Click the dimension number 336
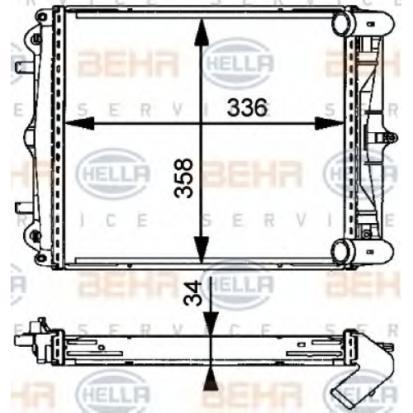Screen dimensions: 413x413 (247, 107)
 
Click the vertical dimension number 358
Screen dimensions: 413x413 (183, 178)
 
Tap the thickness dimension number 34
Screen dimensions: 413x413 (192, 294)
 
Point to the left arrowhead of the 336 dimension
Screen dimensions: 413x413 (79, 123)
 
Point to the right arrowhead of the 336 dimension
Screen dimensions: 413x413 (329, 123)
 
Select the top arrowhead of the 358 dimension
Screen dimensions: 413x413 (202, 31)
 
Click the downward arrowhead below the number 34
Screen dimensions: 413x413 (211, 324)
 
